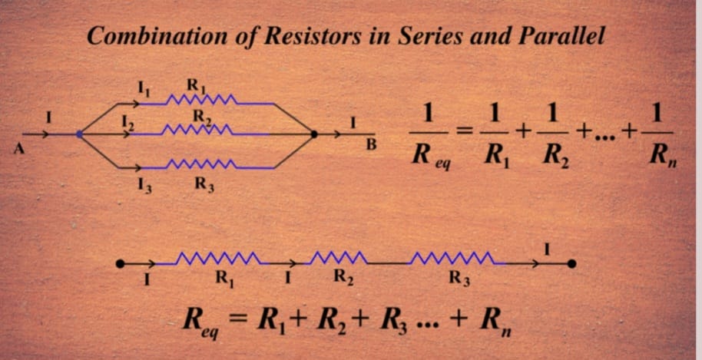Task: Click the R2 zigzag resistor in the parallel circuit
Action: coord(197,130)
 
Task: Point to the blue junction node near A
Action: coord(79,134)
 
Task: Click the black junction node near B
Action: coord(314,134)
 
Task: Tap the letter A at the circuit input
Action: coord(18,150)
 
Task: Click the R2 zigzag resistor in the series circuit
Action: coord(339,258)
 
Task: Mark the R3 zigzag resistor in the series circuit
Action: coord(453,258)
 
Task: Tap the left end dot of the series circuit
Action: coord(120,264)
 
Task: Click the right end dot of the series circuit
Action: coord(571,264)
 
